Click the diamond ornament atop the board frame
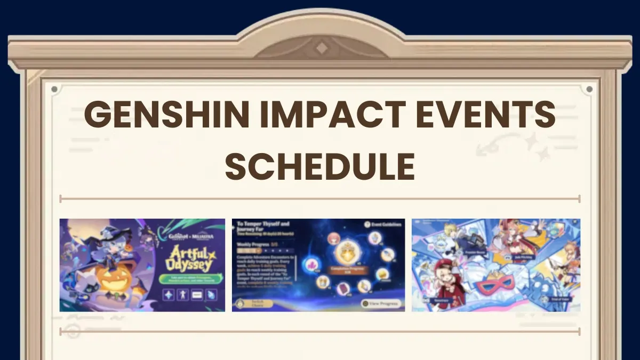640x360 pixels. coord(320,48)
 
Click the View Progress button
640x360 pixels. coord(381,303)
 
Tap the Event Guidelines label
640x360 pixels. coord(382,225)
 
